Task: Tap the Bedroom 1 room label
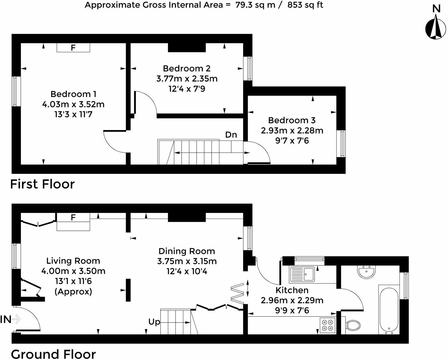coord(73,94)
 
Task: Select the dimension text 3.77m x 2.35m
coord(187,78)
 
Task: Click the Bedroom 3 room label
coord(292,120)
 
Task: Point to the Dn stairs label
coord(231,135)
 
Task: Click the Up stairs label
coord(154,322)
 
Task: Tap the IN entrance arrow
coord(17,319)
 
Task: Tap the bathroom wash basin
coord(366,272)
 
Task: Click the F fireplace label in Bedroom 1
coord(73,48)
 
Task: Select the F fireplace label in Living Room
coord(73,217)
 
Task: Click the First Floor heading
coord(42,184)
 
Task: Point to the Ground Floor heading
coord(53,354)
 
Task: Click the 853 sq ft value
coord(305,5)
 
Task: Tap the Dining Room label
coord(187,251)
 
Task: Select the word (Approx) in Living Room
coord(73,291)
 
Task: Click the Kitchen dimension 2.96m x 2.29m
coord(292,300)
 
